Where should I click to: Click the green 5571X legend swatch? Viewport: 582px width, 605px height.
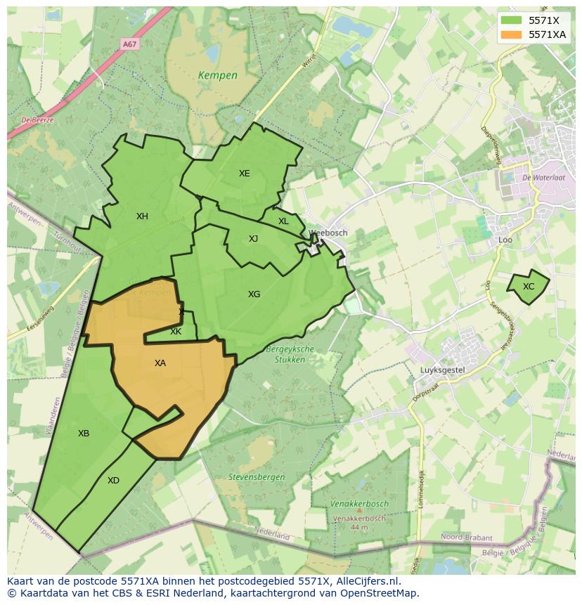(x=511, y=20)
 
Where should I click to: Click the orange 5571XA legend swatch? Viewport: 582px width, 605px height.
(x=511, y=34)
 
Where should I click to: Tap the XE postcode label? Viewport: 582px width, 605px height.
(x=244, y=174)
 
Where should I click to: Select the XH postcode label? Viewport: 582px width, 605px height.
(x=142, y=216)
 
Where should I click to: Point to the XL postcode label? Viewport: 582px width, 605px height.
(x=283, y=221)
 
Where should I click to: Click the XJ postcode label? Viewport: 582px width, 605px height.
(x=253, y=239)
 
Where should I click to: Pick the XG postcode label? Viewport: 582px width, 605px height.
(x=254, y=294)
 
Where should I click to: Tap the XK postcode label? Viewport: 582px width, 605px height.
(x=176, y=332)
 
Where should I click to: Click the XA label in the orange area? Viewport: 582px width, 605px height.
(x=160, y=363)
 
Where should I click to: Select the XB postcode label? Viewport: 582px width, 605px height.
(x=84, y=434)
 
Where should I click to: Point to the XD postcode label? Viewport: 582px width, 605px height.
(x=113, y=481)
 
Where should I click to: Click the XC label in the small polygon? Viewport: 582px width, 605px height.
(x=529, y=287)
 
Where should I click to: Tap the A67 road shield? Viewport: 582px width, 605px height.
(x=129, y=44)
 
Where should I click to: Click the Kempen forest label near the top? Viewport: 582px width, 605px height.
(x=217, y=75)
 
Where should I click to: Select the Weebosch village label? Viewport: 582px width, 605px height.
(x=328, y=233)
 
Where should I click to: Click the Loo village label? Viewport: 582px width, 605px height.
(x=505, y=240)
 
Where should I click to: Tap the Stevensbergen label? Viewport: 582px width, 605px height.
(x=257, y=477)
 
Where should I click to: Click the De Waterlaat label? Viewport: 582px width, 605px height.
(x=544, y=178)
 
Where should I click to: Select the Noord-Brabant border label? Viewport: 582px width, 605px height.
(x=467, y=538)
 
